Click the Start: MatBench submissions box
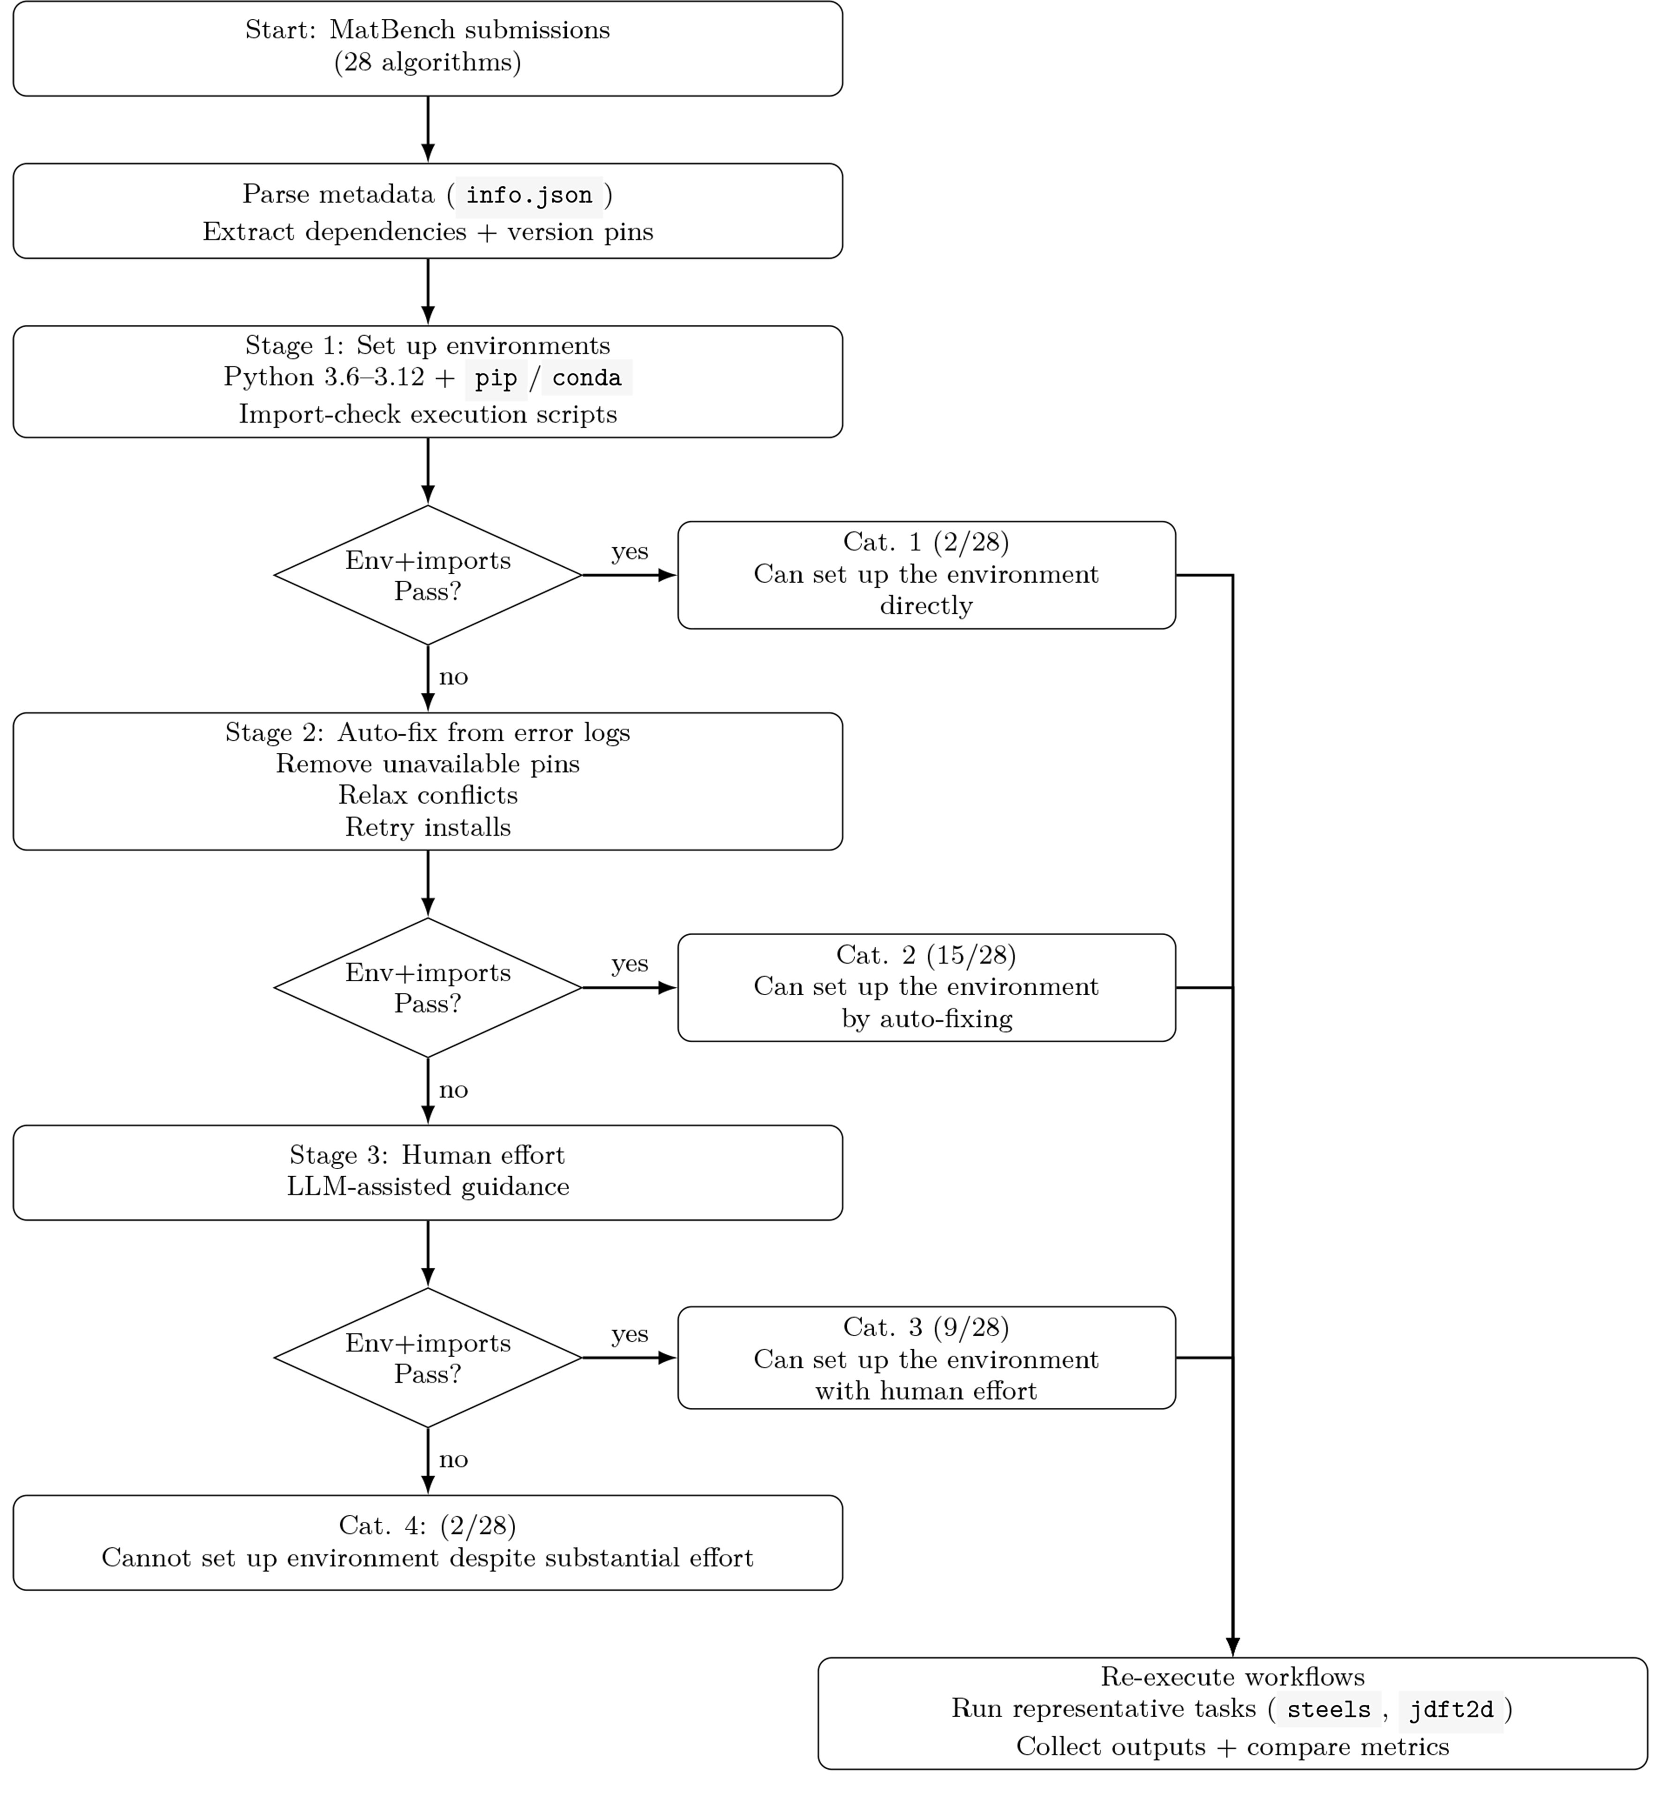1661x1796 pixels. [x=428, y=49]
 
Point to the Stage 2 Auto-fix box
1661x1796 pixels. [x=428, y=781]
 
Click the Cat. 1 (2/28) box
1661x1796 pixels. [x=927, y=575]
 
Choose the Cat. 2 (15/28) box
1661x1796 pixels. [x=927, y=988]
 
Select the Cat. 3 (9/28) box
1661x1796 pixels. [x=927, y=1358]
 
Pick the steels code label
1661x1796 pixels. [x=1329, y=1710]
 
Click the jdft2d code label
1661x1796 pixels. [x=1451, y=1710]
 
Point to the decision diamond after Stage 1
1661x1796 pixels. [x=428, y=575]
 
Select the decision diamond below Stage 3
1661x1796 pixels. [x=428, y=1358]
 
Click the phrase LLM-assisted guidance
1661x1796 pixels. [x=428, y=1187]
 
